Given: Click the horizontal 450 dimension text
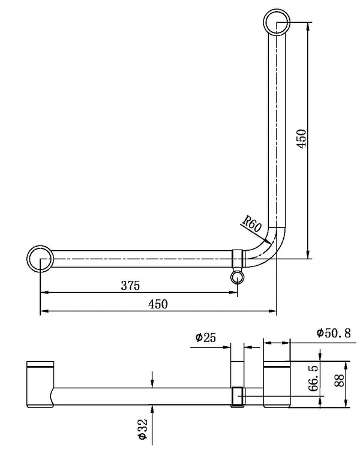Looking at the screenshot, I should click(158, 304).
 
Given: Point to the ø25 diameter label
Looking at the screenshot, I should click(206, 338).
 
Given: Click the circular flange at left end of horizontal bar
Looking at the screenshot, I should click(40, 259).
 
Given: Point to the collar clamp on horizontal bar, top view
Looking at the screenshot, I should click(238, 259).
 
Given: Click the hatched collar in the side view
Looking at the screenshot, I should click(238, 396).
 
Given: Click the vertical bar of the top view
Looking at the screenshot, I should click(277, 132).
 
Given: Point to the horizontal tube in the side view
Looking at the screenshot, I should click(144, 396).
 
